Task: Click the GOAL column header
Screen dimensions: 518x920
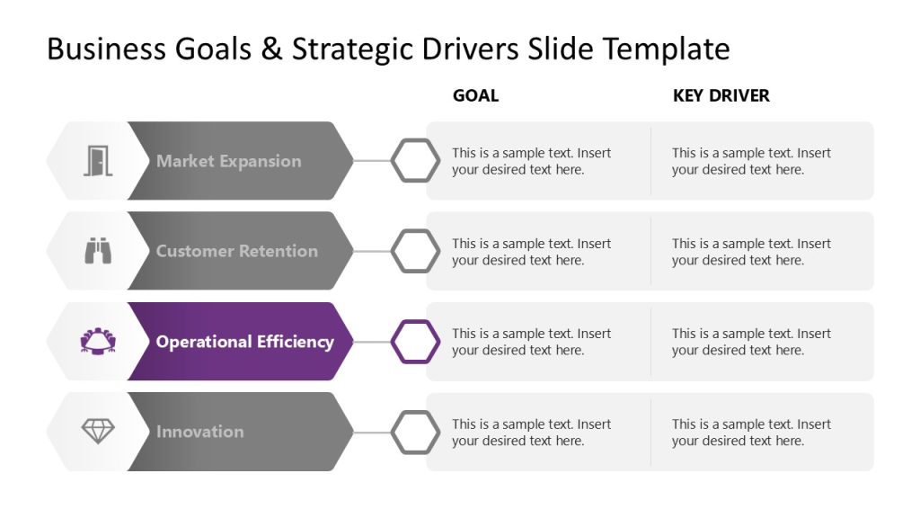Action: click(x=475, y=95)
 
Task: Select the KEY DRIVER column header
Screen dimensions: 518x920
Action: click(x=721, y=95)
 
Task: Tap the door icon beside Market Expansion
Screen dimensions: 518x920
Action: click(x=98, y=161)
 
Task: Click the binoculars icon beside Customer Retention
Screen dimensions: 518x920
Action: click(x=98, y=251)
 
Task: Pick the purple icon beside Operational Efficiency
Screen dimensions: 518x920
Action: click(x=98, y=342)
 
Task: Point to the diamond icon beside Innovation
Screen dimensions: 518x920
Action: click(x=98, y=432)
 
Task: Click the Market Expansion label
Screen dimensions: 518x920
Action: click(x=228, y=161)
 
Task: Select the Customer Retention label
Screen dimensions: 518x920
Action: click(x=236, y=251)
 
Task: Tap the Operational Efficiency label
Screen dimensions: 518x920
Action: click(x=244, y=342)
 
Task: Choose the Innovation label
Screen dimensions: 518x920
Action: click(x=199, y=432)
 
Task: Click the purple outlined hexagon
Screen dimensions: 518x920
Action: click(x=415, y=342)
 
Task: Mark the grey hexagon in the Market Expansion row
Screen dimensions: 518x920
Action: click(x=415, y=161)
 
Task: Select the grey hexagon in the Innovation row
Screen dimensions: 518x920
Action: click(x=415, y=432)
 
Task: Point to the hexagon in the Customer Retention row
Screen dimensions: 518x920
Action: click(x=415, y=251)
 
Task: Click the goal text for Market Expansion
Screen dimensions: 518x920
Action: click(x=531, y=161)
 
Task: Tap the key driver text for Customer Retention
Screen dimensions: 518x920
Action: click(x=751, y=252)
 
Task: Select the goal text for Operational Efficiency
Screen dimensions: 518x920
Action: click(x=531, y=342)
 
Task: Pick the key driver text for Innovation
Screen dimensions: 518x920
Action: click(x=751, y=433)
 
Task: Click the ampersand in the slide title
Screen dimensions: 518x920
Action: click(x=270, y=49)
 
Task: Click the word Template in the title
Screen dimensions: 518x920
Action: click(x=666, y=49)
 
